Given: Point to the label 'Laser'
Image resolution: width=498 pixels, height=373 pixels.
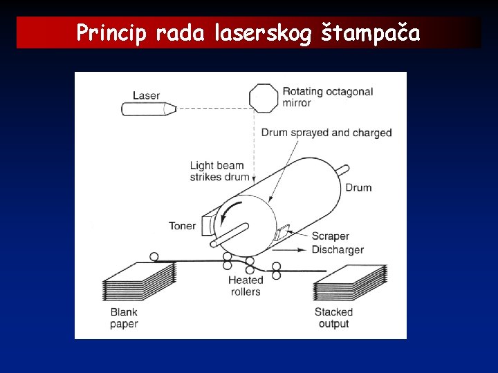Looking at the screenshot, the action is [146, 95].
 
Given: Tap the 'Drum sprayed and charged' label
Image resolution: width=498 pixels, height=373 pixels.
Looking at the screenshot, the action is [326, 133].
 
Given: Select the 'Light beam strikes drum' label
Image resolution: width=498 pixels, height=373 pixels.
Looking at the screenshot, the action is [219, 171].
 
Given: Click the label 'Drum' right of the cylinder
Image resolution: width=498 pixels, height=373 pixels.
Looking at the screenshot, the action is [358, 187].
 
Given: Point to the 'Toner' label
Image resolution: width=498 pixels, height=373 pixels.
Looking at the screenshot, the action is [183, 226].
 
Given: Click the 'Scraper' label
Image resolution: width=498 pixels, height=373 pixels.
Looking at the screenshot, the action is [330, 236].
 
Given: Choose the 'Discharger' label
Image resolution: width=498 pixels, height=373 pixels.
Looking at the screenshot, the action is [338, 249].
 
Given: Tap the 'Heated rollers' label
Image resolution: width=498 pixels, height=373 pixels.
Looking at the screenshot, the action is [246, 285].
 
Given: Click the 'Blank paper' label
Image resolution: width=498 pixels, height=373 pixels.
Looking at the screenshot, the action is [124, 318].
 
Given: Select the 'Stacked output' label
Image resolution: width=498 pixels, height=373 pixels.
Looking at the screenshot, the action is [333, 318].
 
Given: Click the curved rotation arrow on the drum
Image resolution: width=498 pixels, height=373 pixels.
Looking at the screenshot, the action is [235, 209].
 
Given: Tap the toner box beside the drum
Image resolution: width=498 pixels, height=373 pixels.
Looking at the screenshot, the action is [207, 225].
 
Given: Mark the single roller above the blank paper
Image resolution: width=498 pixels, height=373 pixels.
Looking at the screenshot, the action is [154, 257].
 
